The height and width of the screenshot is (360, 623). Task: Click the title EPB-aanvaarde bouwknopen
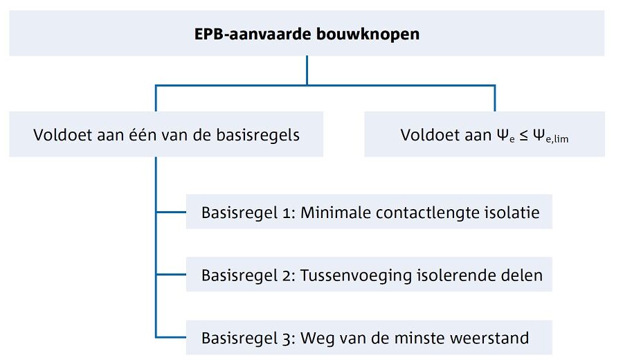307,34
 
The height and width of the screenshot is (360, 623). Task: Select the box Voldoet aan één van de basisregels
166,134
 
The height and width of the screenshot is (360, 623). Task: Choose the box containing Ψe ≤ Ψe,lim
485,135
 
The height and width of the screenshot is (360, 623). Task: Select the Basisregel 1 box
369,212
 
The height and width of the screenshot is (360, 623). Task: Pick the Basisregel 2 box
369,275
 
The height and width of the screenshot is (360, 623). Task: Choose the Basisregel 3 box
369,338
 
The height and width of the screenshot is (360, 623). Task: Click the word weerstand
494,338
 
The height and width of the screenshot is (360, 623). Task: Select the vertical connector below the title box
307,70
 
